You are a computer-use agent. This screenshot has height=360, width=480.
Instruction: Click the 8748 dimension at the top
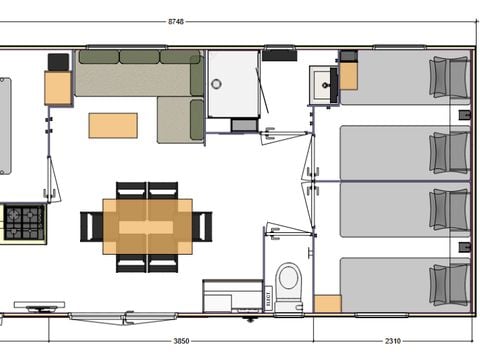(x=239, y=21)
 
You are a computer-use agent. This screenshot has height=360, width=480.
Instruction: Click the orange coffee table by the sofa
(x=113, y=125)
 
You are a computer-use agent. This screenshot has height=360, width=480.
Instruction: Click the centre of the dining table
(x=147, y=226)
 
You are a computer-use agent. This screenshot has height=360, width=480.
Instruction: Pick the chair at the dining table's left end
(x=91, y=227)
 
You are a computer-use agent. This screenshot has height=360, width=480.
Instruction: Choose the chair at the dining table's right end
(x=203, y=227)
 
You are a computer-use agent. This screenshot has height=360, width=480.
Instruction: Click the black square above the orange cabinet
(x=59, y=61)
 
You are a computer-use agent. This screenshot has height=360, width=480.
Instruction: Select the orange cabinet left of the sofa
(x=58, y=89)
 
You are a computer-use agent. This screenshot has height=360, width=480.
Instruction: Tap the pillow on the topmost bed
(x=449, y=77)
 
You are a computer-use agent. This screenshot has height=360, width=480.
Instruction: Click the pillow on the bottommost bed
(x=449, y=283)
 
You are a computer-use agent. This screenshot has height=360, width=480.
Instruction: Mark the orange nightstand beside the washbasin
(x=348, y=76)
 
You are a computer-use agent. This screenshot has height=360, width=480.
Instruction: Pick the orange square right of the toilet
(x=327, y=303)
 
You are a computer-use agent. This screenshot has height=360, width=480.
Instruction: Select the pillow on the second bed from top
(x=449, y=152)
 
